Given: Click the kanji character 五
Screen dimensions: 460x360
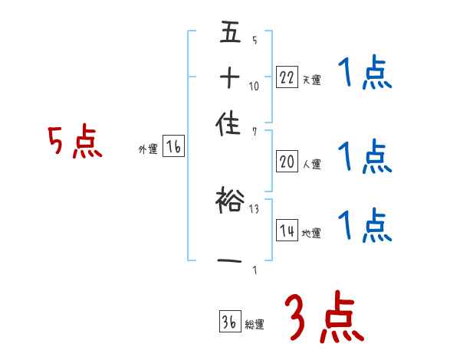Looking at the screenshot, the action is (229, 34).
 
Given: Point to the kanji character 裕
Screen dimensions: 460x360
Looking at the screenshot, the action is (229, 201).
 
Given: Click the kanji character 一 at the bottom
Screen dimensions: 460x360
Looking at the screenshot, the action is (229, 263).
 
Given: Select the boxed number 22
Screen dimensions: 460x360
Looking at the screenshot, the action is (286, 77).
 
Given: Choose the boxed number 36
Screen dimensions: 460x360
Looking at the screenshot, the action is (229, 322).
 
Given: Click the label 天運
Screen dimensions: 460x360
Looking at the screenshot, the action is (311, 80).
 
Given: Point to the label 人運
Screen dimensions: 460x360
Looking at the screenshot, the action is (311, 163).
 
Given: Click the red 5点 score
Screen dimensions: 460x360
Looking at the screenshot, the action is (75, 142).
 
